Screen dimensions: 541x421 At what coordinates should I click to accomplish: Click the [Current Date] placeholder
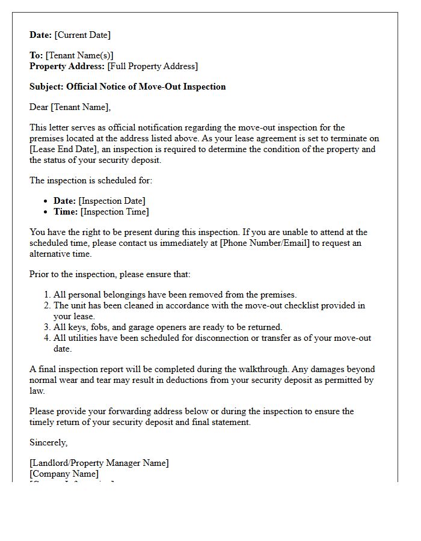[x=83, y=35]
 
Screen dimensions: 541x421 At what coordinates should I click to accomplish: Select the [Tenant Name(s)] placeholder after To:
[x=79, y=55]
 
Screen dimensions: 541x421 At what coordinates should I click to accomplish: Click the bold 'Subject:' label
[x=47, y=87]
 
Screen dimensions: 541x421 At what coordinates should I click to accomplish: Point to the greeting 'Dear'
[x=39, y=107]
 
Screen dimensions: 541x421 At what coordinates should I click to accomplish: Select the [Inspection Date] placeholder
[x=112, y=201]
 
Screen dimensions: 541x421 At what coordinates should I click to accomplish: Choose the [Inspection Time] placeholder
[x=114, y=212]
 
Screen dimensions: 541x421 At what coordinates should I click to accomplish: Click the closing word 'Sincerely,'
[x=49, y=442]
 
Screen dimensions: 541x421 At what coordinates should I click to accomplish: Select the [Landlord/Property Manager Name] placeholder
[x=99, y=463]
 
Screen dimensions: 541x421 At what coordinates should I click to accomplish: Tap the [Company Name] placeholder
[x=64, y=474]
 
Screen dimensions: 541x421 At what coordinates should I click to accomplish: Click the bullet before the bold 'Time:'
[x=47, y=212]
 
